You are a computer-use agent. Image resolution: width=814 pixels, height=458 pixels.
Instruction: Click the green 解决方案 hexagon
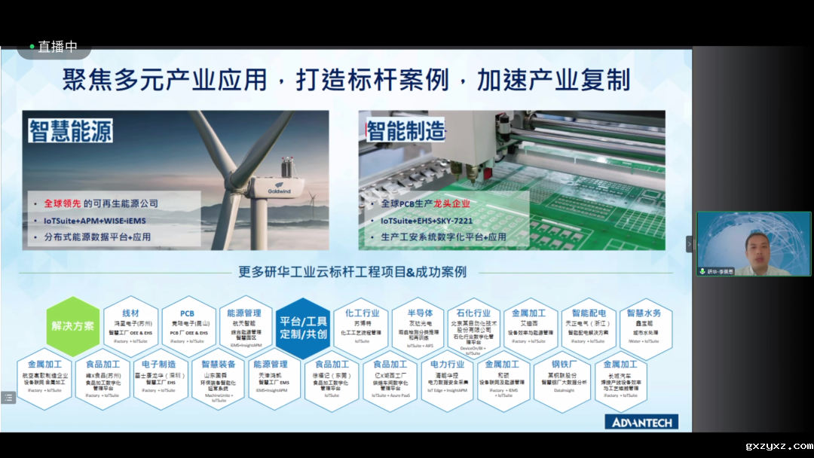click(x=72, y=326)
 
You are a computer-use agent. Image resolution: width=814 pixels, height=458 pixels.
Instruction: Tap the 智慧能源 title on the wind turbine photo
click(x=71, y=131)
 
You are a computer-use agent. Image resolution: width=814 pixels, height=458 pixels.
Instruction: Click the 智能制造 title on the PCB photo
click(x=405, y=131)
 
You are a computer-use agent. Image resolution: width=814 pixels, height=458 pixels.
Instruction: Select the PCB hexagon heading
click(x=188, y=313)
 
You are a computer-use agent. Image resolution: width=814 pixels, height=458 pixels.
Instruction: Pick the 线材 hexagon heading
click(x=130, y=313)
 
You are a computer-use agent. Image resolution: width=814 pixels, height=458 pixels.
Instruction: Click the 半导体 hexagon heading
click(x=420, y=313)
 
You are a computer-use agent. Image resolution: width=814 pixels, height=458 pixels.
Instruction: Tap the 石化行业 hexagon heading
click(x=474, y=313)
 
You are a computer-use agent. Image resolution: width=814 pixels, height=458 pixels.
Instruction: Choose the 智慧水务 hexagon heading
click(x=644, y=313)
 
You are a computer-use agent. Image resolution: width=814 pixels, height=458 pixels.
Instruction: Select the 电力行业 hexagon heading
click(x=448, y=365)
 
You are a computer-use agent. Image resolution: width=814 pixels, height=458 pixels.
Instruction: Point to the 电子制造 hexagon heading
click(x=158, y=365)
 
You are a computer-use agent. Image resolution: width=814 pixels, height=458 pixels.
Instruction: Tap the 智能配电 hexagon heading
click(x=589, y=313)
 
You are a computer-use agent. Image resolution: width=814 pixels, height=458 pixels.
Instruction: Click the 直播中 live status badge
click(x=54, y=47)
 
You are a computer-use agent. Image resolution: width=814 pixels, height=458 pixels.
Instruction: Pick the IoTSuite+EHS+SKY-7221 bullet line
click(x=426, y=221)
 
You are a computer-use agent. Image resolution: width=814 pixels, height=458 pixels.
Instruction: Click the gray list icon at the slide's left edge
click(x=8, y=397)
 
